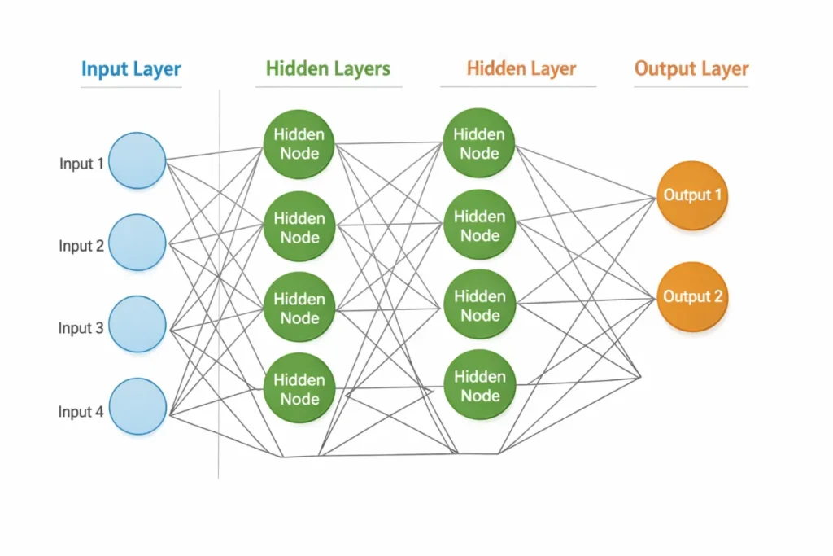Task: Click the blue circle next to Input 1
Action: (x=137, y=160)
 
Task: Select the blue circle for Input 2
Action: (x=137, y=243)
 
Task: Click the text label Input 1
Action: (x=81, y=164)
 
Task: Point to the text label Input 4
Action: (x=81, y=412)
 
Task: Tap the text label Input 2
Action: (x=81, y=246)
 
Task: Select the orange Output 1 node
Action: (x=692, y=195)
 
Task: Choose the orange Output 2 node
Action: (x=692, y=296)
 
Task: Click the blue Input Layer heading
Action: (x=131, y=69)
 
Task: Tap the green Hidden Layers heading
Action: (x=328, y=69)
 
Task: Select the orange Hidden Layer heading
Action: (x=521, y=69)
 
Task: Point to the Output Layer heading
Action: (x=691, y=69)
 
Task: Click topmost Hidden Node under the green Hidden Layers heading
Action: (x=299, y=144)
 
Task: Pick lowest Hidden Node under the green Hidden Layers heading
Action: (x=299, y=389)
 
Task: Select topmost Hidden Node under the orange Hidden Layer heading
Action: (x=479, y=143)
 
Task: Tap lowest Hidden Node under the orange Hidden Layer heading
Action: (x=479, y=386)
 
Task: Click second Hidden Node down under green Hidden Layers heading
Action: (x=299, y=227)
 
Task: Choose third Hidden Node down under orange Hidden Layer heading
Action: (x=479, y=305)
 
